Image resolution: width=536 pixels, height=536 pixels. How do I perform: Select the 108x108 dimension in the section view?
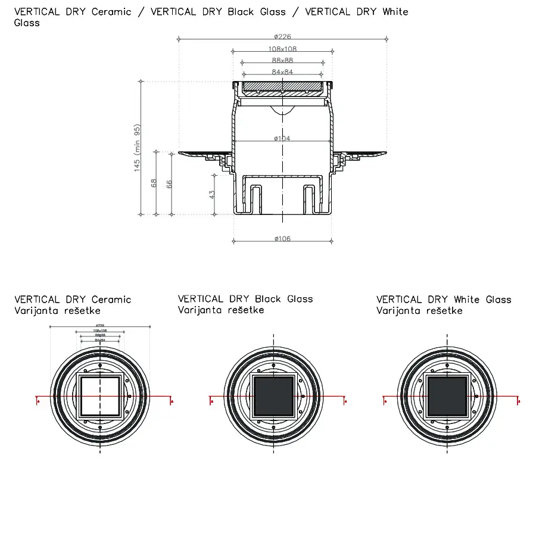point(283,49)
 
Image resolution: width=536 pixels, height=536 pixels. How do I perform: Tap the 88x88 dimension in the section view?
point(282,60)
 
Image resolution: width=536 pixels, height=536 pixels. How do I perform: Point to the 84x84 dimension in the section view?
point(282,72)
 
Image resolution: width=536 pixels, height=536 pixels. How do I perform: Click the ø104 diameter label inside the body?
point(282,138)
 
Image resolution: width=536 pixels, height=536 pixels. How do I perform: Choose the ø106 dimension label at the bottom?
point(282,239)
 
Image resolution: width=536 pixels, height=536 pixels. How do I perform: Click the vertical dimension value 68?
point(154,183)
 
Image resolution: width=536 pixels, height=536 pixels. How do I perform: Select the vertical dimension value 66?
point(169,183)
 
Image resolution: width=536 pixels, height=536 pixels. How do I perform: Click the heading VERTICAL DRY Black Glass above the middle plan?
point(245,299)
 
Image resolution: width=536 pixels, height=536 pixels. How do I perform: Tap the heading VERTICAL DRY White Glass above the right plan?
point(444,300)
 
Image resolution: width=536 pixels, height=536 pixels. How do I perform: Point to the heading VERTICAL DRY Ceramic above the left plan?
point(73,300)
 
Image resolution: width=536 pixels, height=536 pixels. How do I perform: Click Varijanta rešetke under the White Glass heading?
point(419,311)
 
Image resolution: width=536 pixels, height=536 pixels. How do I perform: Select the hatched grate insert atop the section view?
point(282,88)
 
